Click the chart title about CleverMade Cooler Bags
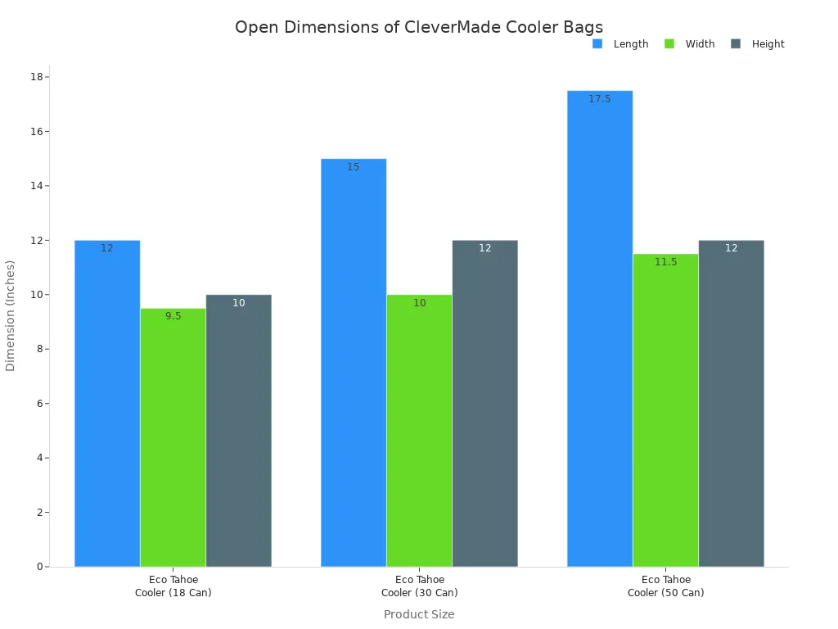(418, 28)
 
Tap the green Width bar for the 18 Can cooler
(173, 437)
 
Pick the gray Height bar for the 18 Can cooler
(238, 430)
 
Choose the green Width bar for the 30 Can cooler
(419, 430)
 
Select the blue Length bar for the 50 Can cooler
(600, 328)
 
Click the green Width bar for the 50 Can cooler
(665, 410)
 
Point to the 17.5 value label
(600, 99)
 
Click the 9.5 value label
(173, 316)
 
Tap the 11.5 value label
(665, 262)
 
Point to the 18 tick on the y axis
(37, 77)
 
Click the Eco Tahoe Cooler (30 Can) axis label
(419, 586)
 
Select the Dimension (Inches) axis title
(11, 315)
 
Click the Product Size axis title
(419, 614)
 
